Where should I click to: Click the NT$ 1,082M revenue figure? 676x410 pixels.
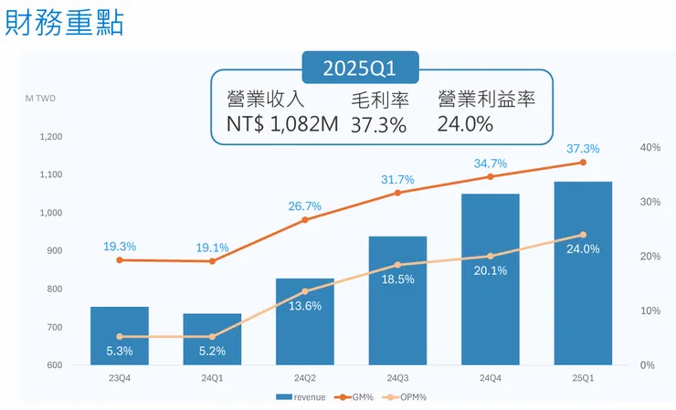click(284, 124)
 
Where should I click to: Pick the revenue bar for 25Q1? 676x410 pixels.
click(583, 273)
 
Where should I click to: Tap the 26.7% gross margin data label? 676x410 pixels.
click(305, 206)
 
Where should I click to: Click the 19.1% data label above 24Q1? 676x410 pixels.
click(212, 247)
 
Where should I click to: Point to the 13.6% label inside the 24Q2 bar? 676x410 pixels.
click(305, 306)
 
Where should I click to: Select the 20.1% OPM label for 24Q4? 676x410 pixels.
click(490, 270)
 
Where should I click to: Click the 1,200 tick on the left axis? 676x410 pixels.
click(51, 137)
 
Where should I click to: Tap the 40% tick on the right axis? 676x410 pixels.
click(650, 148)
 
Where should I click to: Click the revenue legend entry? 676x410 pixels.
click(301, 397)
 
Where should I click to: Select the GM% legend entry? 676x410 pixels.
click(354, 397)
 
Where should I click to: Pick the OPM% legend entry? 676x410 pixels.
click(407, 397)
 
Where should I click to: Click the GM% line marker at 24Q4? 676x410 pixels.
click(490, 176)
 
